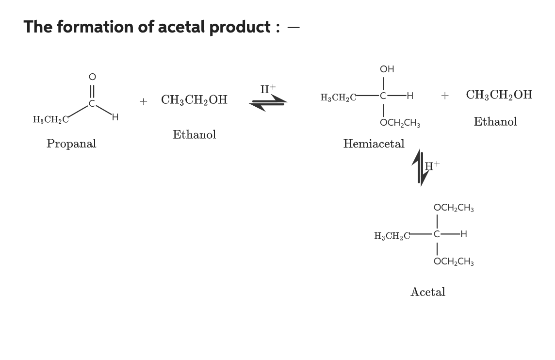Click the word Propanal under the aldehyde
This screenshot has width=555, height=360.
(x=71, y=144)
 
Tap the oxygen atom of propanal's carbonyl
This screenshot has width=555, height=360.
(x=92, y=77)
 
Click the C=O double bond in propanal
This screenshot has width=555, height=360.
(x=92, y=91)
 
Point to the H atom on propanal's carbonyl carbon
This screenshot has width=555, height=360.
(x=114, y=117)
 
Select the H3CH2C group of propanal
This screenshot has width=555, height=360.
(x=50, y=119)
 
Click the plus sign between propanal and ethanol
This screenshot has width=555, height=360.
(x=143, y=101)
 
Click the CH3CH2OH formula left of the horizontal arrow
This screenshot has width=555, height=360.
(x=194, y=100)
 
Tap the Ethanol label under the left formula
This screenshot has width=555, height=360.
(x=194, y=134)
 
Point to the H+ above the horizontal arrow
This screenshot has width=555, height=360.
(x=268, y=89)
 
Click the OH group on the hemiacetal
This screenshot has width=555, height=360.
(x=387, y=69)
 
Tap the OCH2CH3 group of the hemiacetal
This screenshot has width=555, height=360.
(x=400, y=123)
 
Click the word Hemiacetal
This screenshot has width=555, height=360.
(x=374, y=144)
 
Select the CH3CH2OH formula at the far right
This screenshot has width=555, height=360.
(x=499, y=95)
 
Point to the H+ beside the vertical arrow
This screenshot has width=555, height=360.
(x=432, y=165)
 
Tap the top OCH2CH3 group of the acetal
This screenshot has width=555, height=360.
(x=454, y=208)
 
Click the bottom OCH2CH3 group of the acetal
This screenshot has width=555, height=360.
(x=454, y=262)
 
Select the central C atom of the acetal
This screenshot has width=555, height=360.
(x=437, y=235)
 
